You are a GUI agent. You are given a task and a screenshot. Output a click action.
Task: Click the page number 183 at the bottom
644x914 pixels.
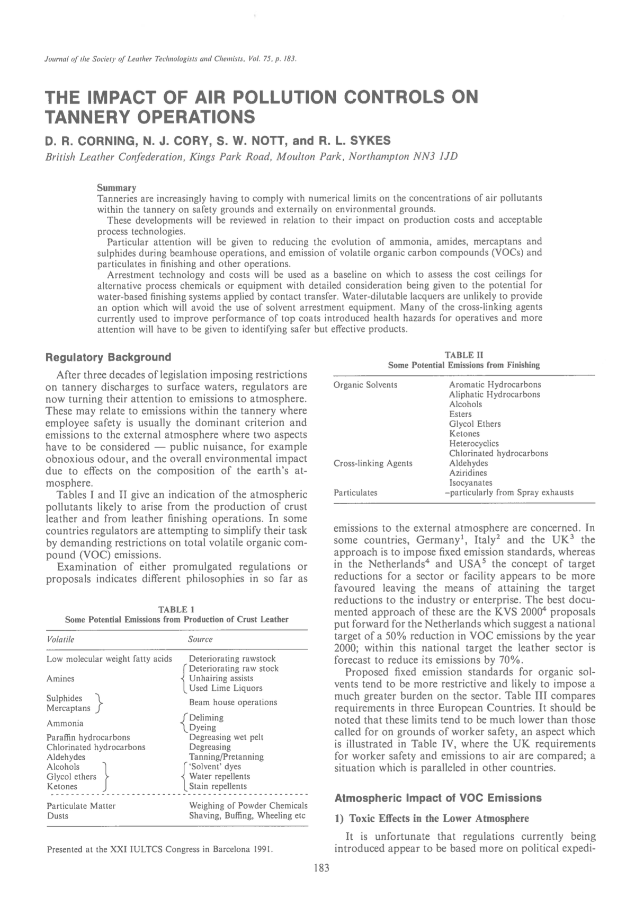pos(321,868)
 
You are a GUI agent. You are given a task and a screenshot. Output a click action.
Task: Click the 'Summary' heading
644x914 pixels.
pos(117,188)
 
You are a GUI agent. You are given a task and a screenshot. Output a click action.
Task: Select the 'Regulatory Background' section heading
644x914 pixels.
pos(109,357)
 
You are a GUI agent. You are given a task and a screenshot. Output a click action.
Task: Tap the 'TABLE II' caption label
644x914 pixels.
pos(464,355)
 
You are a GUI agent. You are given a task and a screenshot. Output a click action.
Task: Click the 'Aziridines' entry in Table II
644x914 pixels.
pos(468,473)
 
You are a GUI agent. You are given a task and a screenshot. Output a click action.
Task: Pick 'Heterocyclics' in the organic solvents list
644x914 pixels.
pos(473,443)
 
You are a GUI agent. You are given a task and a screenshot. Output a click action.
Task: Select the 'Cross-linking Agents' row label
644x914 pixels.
pos(373,463)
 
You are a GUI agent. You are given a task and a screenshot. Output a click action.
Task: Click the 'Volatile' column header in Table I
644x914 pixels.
pos(60,639)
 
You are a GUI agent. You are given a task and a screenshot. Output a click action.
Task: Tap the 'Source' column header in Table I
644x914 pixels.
pos(200,639)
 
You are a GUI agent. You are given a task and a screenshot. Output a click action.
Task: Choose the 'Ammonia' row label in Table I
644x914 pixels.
pos(65,723)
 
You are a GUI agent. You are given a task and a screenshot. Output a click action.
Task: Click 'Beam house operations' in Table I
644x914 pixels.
pos(233,702)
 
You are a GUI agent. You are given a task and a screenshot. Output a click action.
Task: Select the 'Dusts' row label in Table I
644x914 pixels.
pos(58,816)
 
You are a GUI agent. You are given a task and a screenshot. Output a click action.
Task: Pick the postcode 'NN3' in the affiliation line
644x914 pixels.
pos(419,157)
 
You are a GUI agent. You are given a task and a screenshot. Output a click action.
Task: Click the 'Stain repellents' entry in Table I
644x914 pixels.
pos(218,786)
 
